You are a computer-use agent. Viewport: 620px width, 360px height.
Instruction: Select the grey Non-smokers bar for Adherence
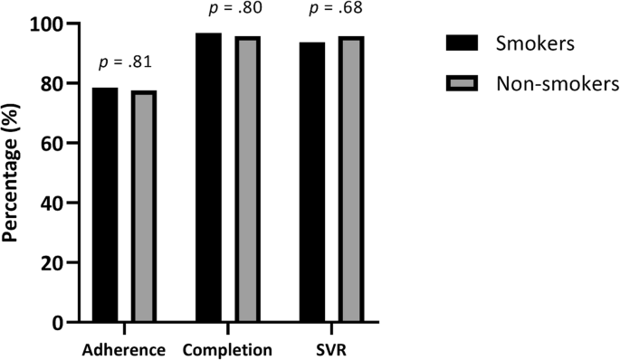[x=144, y=206]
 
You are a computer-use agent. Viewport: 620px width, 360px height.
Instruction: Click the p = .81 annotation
[x=124, y=63]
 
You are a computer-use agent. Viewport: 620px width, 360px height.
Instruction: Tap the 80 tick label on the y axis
[x=56, y=83]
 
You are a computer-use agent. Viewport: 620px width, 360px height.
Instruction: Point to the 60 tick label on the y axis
[x=56, y=143]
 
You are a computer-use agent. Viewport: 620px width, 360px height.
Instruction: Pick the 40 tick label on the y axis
[x=56, y=203]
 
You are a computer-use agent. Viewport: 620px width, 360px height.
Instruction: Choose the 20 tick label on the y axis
[x=56, y=262]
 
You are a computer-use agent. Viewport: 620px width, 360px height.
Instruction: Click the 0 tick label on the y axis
[x=61, y=322]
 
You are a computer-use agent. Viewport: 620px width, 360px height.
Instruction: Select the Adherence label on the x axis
[x=123, y=348]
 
